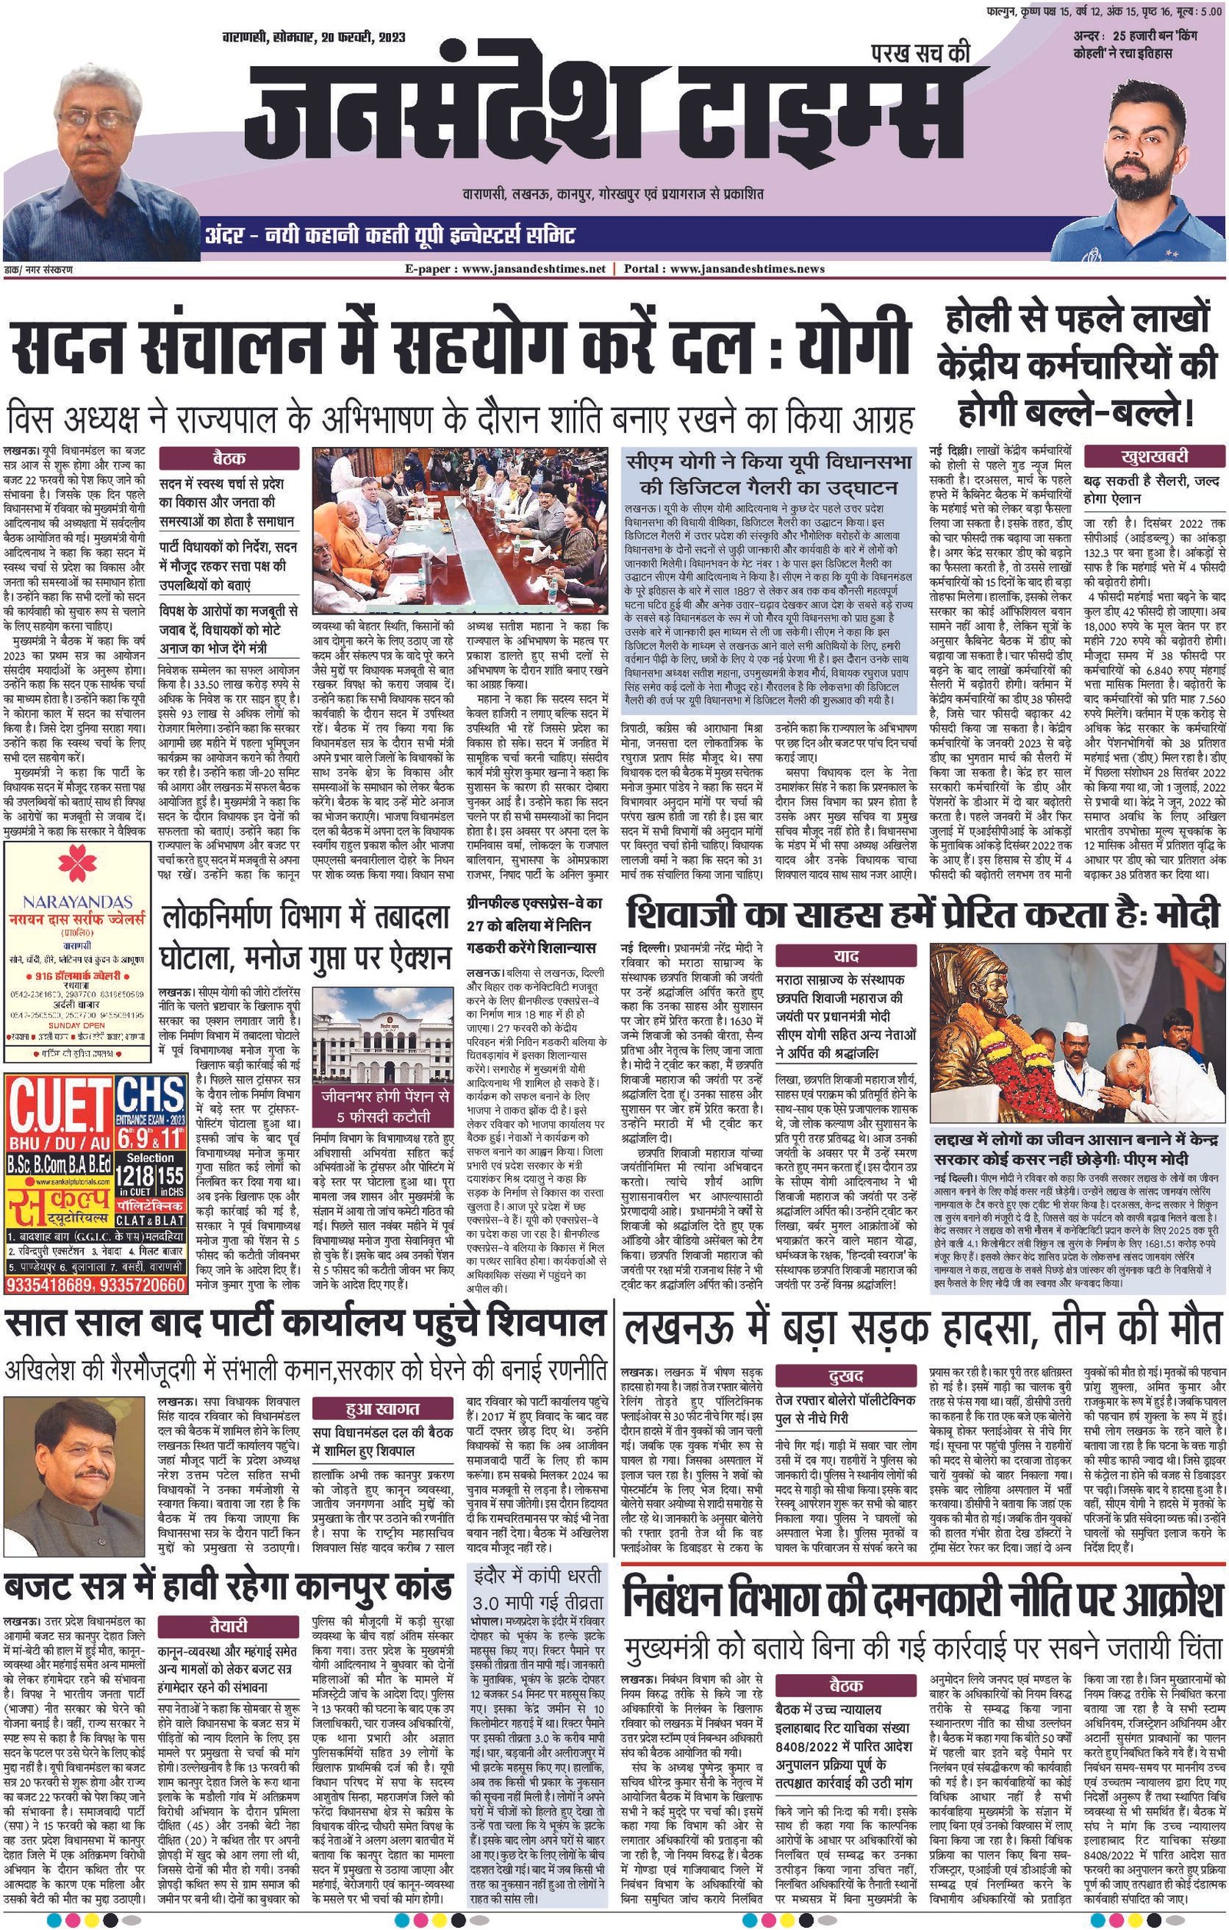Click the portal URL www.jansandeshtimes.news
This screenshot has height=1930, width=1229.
coord(746,270)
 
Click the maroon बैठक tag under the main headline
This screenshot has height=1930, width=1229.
coord(228,458)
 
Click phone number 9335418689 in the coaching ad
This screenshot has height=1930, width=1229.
coord(51,1285)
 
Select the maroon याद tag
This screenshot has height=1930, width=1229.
coord(846,956)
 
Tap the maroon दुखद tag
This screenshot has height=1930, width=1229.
coord(845,1376)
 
